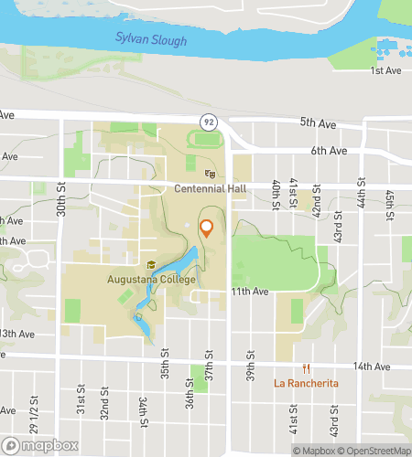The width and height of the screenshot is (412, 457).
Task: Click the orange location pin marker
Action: pos(206,228)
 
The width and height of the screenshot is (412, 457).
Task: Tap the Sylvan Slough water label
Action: pos(151,40)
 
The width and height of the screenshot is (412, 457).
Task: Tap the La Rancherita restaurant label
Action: pos(306,383)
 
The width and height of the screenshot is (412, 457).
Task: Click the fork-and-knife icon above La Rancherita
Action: pos(306,370)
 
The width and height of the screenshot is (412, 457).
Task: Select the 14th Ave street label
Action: pos(373,367)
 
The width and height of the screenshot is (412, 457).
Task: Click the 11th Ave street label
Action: pos(249,292)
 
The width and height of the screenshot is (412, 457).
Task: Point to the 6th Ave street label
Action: pos(330,150)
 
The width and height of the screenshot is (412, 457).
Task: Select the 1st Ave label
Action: pos(385,70)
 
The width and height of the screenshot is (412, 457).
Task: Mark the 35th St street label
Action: pos(166,354)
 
